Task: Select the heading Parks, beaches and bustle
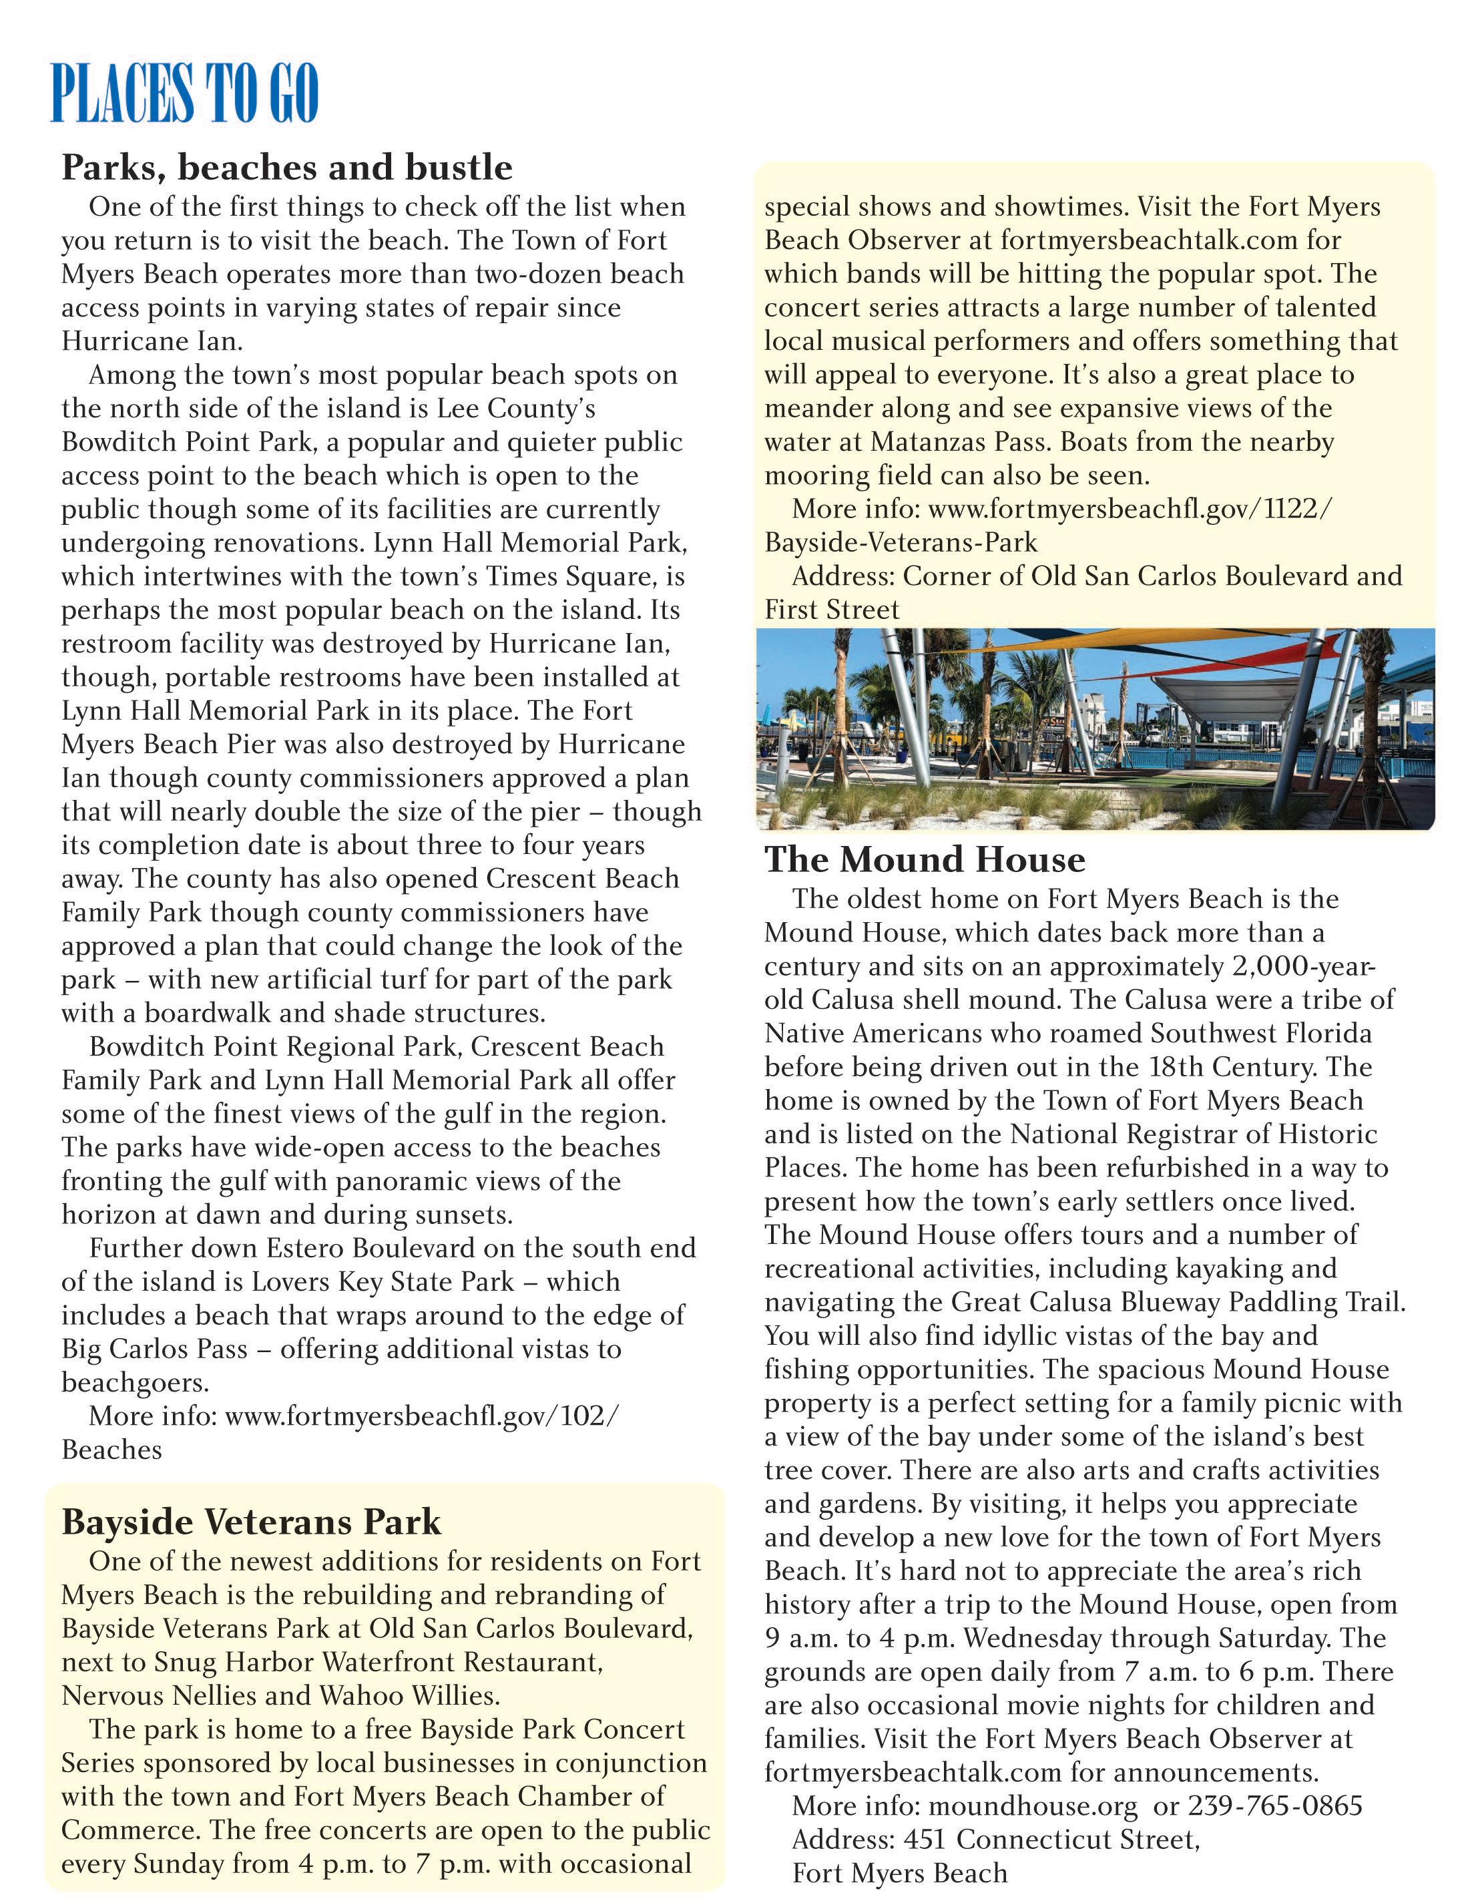coord(286,166)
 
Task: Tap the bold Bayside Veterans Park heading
coord(251,1521)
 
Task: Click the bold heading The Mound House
coord(925,859)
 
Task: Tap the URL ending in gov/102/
coord(422,1416)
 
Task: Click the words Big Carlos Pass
coord(154,1349)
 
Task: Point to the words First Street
coord(831,610)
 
